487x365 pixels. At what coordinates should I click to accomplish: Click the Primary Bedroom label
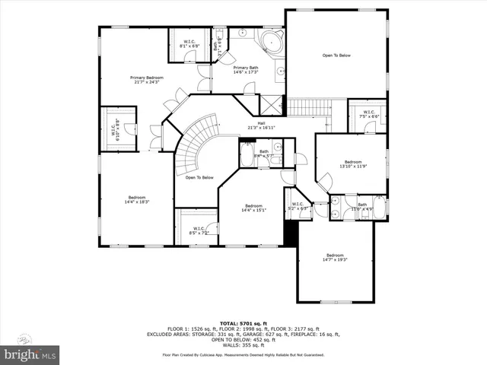tap(147, 80)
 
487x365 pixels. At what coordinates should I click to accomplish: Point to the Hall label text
tap(261, 125)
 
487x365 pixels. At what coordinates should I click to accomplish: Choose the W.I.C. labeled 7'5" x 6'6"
tap(368, 115)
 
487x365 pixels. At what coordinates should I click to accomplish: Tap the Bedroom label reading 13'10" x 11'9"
tap(353, 164)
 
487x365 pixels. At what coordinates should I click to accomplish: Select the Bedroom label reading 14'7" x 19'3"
tap(336, 257)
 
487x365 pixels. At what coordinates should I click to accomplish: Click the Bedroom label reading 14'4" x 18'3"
tap(137, 198)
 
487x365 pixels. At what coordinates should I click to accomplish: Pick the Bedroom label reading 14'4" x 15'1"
tap(254, 208)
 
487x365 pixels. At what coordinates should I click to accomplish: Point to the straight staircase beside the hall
tap(308, 109)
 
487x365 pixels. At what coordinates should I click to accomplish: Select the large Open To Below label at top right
tap(336, 56)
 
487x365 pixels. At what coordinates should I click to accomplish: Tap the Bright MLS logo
tap(30, 354)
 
